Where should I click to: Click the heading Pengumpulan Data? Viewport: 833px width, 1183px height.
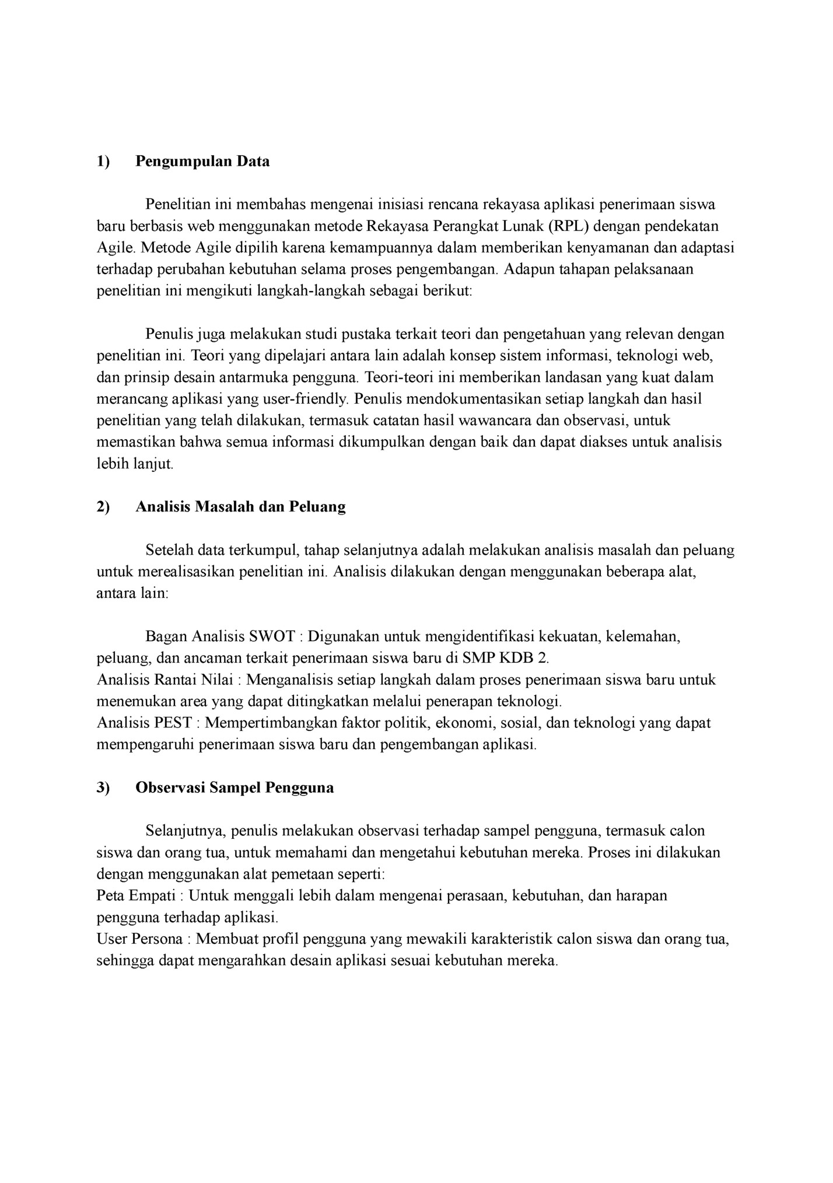pyautogui.click(x=202, y=162)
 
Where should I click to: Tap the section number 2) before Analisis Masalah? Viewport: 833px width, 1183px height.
pyautogui.click(x=103, y=506)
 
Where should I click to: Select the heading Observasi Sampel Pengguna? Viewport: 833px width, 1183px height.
pyautogui.click(x=235, y=787)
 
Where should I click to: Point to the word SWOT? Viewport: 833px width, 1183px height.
pyautogui.click(x=272, y=636)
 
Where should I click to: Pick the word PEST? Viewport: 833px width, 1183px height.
pyautogui.click(x=173, y=723)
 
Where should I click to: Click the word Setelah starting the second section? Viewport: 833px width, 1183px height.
pyautogui.click(x=170, y=550)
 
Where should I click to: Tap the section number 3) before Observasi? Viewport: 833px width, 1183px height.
pyautogui.click(x=103, y=787)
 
